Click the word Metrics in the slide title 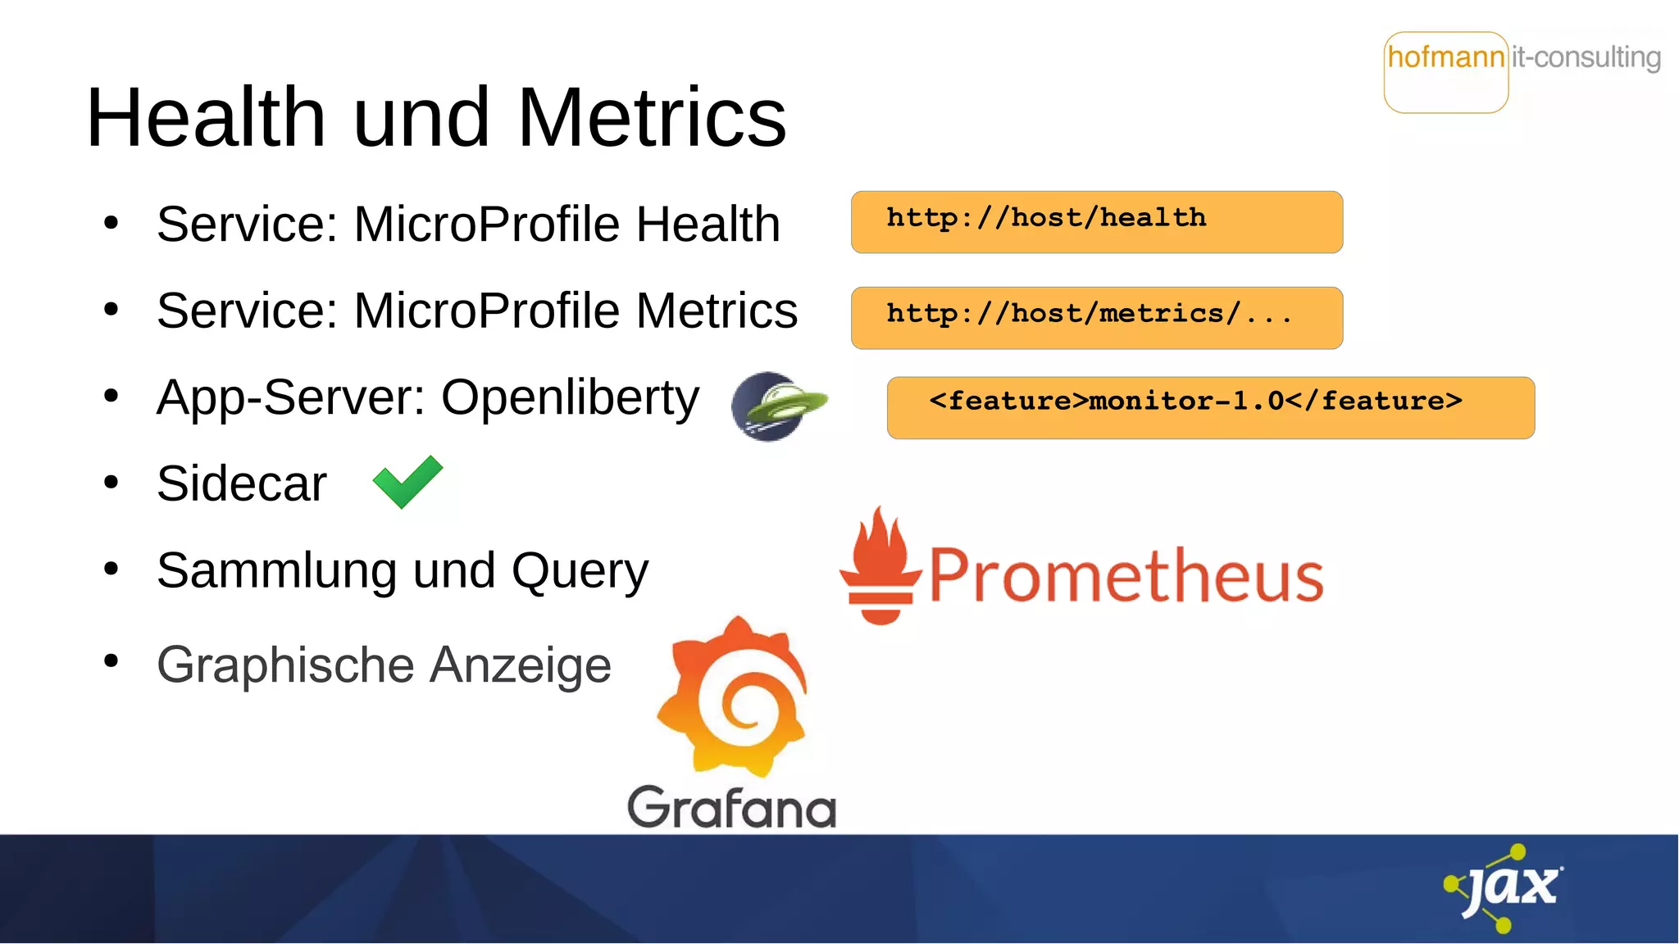(x=652, y=118)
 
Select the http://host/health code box (x=1096, y=222)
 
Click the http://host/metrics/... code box (x=1096, y=318)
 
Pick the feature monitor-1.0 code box (x=1210, y=408)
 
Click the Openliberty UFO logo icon (x=777, y=406)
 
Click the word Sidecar (x=242, y=483)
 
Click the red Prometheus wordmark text (x=1126, y=576)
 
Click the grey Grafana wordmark (x=731, y=807)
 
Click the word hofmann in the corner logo (x=1445, y=57)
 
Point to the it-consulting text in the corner (x=1586, y=57)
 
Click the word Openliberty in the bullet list (x=570, y=399)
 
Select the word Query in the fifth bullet (x=580, y=571)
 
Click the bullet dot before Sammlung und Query (x=111, y=568)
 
